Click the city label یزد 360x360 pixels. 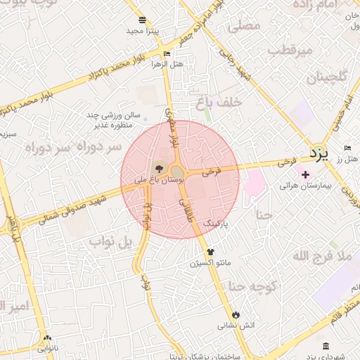pos(319,153)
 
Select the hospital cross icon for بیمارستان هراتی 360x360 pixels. pos(304,174)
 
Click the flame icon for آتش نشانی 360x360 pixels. pos(236,314)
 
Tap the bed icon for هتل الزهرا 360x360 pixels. pos(167,53)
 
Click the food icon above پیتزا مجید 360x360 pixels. pos(143,20)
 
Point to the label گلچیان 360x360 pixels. pos(323,77)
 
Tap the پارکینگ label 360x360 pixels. pos(217,221)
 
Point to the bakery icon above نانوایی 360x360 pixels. pos(47,337)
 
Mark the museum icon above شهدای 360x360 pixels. pos(325,346)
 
